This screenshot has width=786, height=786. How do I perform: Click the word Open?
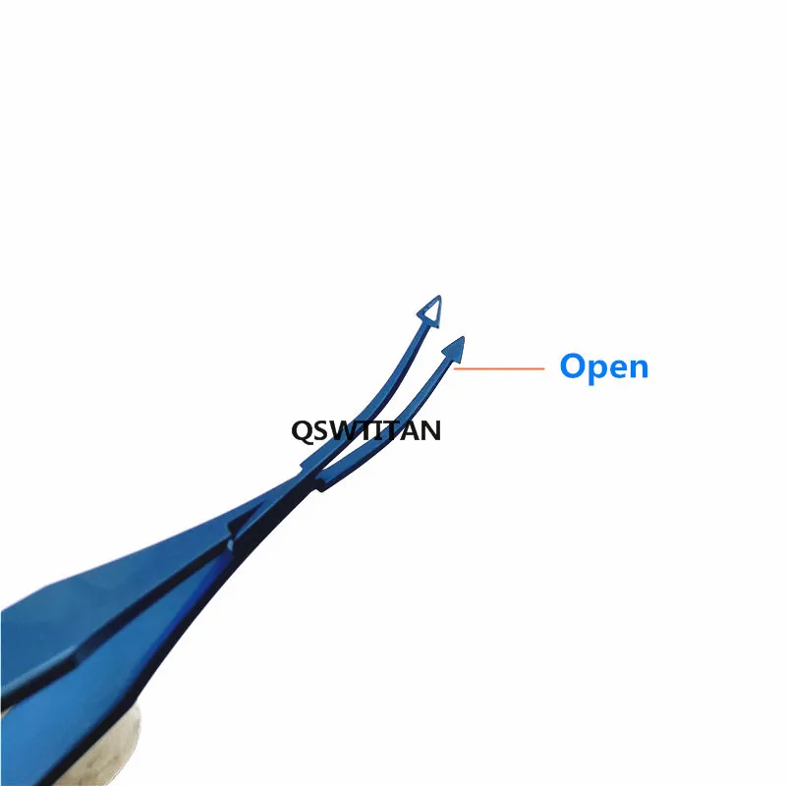tap(603, 367)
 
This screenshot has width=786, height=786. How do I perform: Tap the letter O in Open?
tap(573, 366)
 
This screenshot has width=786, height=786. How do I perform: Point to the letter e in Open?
tap(618, 368)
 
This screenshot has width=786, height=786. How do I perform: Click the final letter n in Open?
tap(639, 368)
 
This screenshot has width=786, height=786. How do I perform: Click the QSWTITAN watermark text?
tap(365, 429)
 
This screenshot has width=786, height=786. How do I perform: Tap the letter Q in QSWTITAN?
tap(300, 429)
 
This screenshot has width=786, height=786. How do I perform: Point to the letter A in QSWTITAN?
tap(411, 429)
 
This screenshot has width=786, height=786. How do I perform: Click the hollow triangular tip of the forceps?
tap(429, 312)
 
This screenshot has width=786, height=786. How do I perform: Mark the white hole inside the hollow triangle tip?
tap(430, 313)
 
